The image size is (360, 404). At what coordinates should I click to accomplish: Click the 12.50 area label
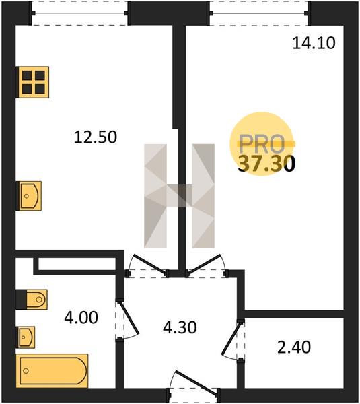point(96,137)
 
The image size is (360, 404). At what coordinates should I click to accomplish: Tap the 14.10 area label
point(314,43)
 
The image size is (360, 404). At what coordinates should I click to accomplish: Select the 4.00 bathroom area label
point(81,317)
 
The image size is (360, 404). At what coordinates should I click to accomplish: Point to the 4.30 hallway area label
point(180,327)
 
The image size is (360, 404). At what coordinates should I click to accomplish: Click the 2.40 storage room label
point(294,347)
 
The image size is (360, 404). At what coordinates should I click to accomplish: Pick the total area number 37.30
point(266,164)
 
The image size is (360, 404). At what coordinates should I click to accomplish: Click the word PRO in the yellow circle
point(262,144)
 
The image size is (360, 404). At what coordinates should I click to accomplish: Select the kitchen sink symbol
point(29,196)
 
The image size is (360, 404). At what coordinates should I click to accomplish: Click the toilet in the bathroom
point(32,300)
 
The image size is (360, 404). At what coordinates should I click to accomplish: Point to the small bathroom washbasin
point(26,337)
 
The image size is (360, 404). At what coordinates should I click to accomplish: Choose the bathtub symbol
point(52,371)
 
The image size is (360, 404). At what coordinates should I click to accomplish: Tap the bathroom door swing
point(128,319)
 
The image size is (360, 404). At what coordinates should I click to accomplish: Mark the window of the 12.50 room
point(80,13)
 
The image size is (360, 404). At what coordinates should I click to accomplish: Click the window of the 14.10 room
point(259,13)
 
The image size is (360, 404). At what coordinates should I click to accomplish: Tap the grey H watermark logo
point(179,196)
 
